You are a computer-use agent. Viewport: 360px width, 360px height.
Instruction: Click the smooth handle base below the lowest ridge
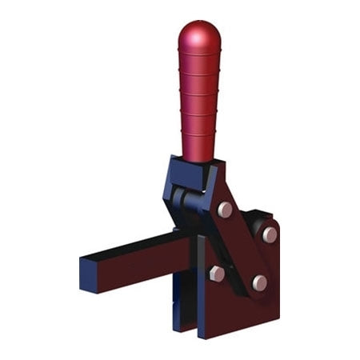tap(198, 148)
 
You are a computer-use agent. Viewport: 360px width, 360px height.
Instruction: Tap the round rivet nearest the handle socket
tap(226, 210)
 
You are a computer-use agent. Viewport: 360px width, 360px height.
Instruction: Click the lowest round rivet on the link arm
tap(258, 282)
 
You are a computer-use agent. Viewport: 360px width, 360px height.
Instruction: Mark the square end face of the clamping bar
tap(89, 273)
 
